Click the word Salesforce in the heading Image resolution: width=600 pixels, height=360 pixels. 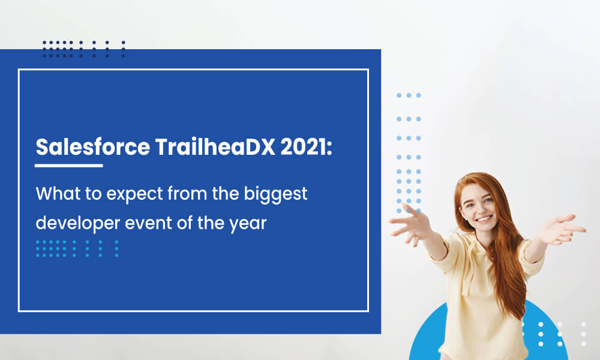pos(92,146)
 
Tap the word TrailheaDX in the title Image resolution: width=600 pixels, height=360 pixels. pos(215,146)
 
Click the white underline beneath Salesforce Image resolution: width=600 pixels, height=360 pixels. pos(69,166)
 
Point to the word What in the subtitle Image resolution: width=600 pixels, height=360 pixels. pos(58,193)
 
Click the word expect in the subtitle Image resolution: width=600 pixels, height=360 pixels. pos(134,195)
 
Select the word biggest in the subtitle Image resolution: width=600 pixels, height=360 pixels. pos(275,194)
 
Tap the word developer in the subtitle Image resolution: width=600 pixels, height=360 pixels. pos(77,223)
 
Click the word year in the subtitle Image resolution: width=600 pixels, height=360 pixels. pos(248,224)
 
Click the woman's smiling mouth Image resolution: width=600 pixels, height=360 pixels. pos(484,219)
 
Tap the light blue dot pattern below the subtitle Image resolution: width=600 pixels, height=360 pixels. pos(77,248)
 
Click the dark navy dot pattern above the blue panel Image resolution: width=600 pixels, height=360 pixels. pos(84,49)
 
